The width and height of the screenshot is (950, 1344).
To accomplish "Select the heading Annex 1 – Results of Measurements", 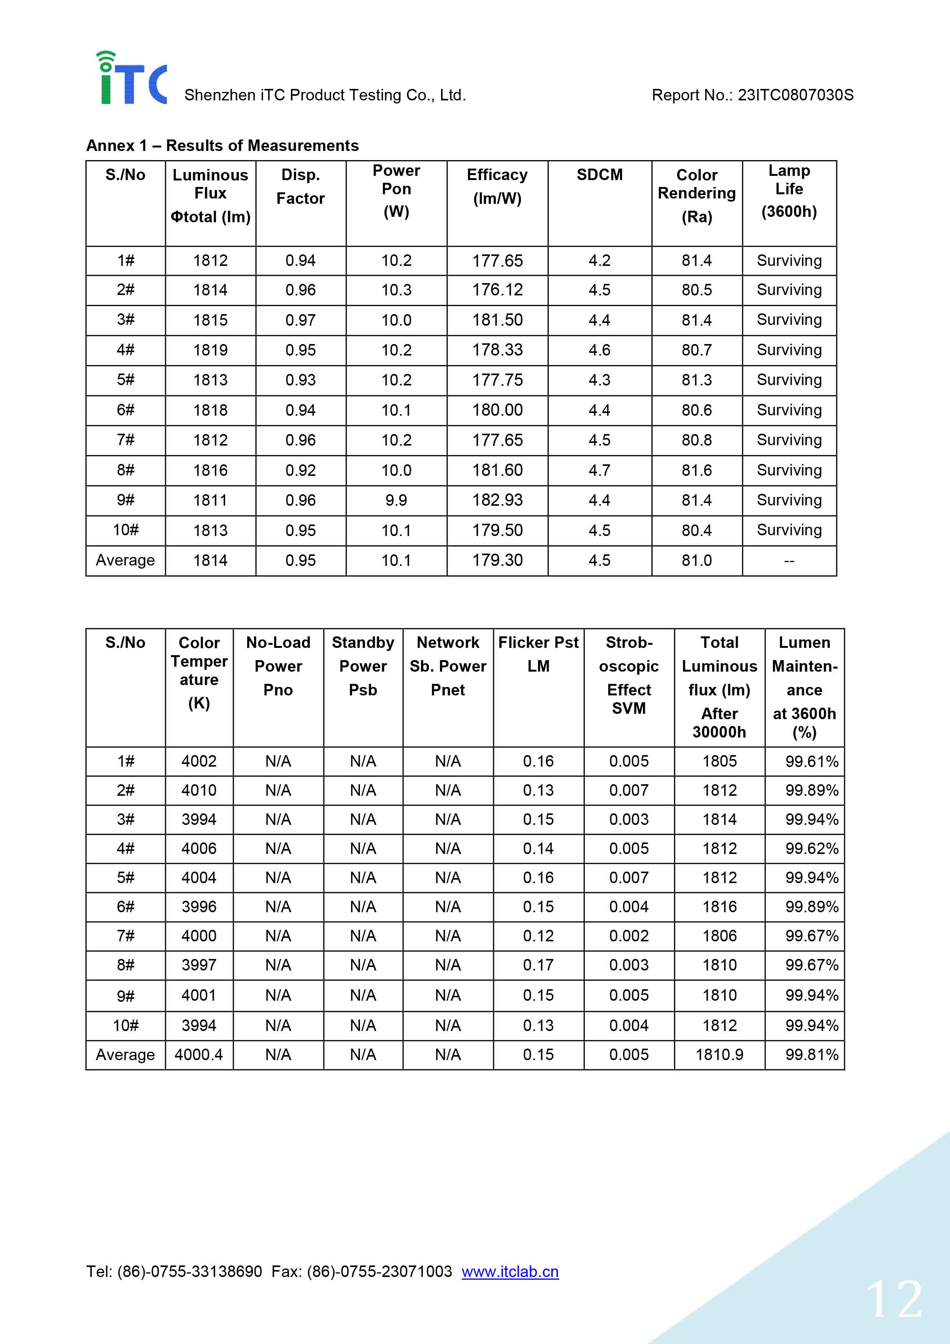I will (x=222, y=145).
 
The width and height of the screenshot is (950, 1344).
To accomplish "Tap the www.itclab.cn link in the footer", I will (x=510, y=1272).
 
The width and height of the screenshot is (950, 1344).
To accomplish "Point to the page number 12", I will (x=894, y=1301).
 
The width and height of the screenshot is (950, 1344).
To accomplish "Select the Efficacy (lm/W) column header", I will (x=497, y=186).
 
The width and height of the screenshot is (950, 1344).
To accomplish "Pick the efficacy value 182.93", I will (x=497, y=500).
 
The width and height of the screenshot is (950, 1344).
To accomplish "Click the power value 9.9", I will (x=396, y=500).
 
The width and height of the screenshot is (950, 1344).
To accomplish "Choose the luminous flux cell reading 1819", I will (x=210, y=350).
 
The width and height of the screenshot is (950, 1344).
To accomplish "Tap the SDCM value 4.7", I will (x=599, y=470).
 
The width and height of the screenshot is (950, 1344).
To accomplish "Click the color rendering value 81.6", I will (x=697, y=470).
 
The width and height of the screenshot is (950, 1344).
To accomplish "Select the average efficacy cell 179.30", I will (x=497, y=560).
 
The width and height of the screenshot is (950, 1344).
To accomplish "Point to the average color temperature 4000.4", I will (x=199, y=1054).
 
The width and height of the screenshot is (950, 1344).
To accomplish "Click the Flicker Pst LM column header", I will (x=538, y=654).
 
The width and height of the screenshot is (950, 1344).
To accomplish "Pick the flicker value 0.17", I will (x=538, y=965).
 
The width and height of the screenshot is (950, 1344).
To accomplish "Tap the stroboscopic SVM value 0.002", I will (x=628, y=936).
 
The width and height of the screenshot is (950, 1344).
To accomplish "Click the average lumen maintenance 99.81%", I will (x=811, y=1054).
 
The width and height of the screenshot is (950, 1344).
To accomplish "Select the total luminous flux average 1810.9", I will (x=719, y=1054).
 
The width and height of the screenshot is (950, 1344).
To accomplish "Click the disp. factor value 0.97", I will (x=300, y=320).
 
